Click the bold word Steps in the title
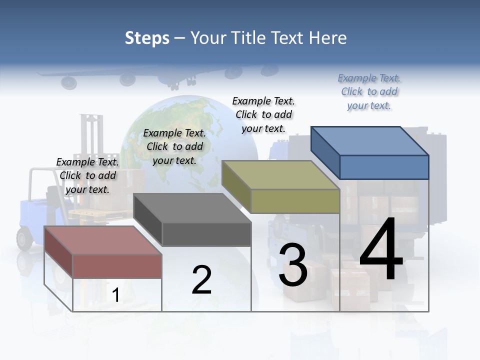tap(147, 38)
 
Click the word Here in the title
tap(328, 38)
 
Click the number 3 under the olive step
tap(293, 265)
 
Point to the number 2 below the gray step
tap(201, 280)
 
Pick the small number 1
tap(115, 295)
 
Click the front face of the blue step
tap(384, 167)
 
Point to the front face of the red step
tap(117, 266)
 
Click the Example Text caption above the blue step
tap(369, 91)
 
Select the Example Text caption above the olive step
tap(263, 114)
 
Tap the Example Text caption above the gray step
tap(174, 146)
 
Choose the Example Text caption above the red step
tap(87, 175)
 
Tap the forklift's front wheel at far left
tap(24, 238)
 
